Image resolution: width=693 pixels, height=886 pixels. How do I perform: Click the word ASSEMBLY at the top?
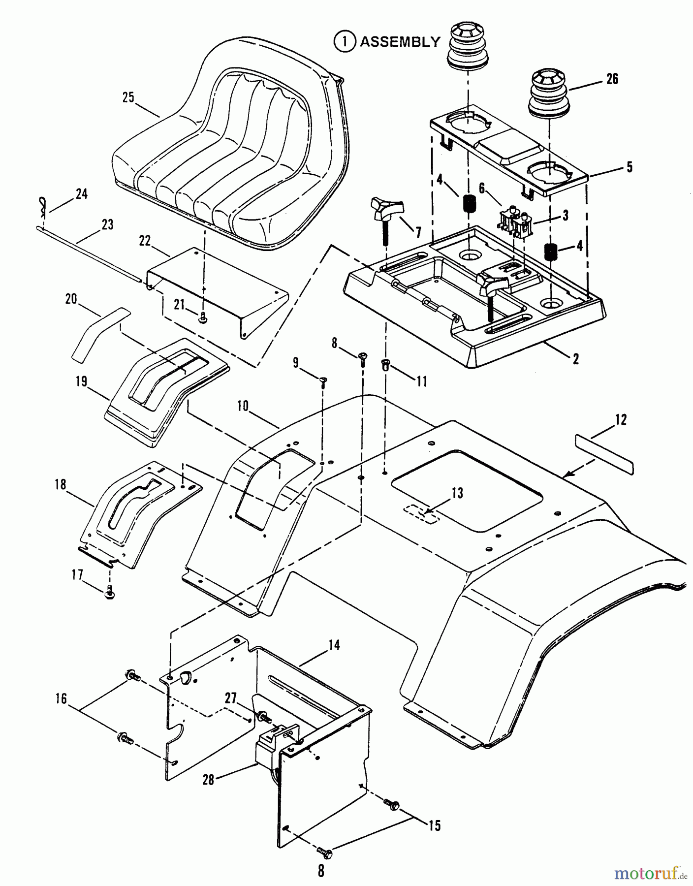[400, 42]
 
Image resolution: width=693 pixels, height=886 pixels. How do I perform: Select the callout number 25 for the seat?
[128, 97]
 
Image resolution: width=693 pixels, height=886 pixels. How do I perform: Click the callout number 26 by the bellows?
[612, 79]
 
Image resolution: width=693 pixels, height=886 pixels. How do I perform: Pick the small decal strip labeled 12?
[604, 451]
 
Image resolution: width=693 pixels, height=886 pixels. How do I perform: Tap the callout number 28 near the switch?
[209, 780]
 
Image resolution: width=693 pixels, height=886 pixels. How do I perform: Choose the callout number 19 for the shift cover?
[81, 381]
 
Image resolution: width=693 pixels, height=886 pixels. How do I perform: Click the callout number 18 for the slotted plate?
[61, 484]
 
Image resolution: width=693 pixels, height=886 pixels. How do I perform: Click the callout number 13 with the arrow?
[458, 493]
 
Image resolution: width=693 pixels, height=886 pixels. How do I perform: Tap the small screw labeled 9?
[323, 381]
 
